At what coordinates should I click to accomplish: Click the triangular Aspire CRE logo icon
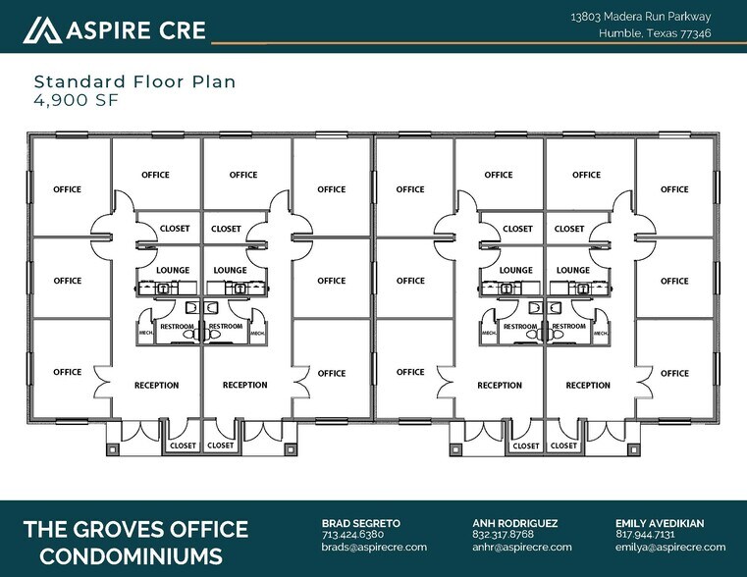(43, 30)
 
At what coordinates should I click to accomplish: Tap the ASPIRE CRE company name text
(136, 30)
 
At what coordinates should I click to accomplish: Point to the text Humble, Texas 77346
(655, 33)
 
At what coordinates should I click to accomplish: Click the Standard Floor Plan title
(134, 81)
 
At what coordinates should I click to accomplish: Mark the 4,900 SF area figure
(75, 99)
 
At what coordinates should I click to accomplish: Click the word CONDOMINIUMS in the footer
(122, 556)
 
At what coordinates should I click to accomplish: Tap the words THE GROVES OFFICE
(135, 530)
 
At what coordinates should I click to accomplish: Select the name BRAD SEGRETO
(362, 523)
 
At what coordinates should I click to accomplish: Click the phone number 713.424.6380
(352, 535)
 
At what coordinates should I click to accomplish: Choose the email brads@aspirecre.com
(374, 547)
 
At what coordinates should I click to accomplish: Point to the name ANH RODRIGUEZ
(515, 523)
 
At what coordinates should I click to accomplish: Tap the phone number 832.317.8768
(503, 535)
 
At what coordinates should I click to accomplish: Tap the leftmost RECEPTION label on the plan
(157, 386)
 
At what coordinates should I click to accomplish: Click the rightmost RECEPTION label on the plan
(588, 386)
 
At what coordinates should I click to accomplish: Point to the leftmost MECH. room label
(145, 334)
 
